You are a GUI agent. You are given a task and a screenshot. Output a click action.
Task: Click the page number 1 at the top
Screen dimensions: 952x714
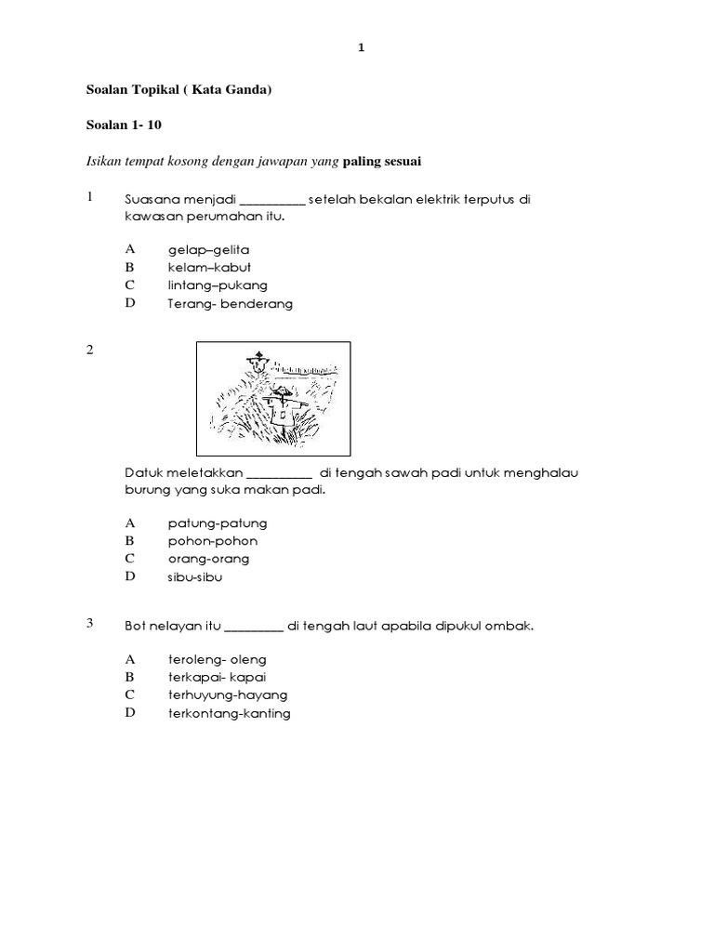pyautogui.click(x=362, y=47)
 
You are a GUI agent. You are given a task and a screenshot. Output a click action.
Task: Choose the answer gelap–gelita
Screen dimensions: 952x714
pyautogui.click(x=208, y=250)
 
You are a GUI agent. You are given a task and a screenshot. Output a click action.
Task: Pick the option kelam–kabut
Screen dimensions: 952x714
pyautogui.click(x=209, y=268)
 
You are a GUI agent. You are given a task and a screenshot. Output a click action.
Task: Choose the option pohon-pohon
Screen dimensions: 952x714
pyautogui.click(x=213, y=541)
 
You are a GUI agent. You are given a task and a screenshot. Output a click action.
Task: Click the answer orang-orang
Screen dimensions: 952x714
pyautogui.click(x=208, y=559)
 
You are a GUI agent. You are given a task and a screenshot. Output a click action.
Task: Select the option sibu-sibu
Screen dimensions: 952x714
pyautogui.click(x=195, y=576)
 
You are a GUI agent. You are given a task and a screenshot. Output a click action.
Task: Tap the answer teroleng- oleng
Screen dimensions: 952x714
pyautogui.click(x=217, y=659)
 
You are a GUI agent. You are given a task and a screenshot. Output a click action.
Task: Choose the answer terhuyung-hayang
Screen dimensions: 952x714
pyautogui.click(x=227, y=694)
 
